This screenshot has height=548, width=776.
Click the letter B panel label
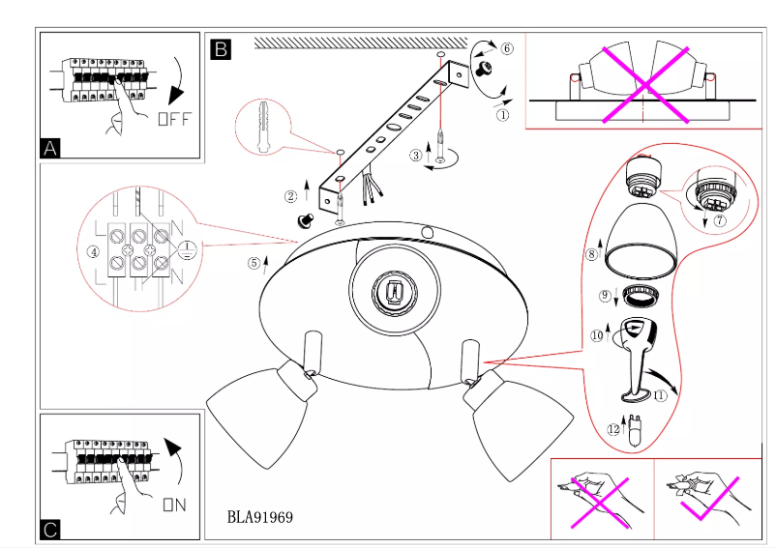[x=221, y=48]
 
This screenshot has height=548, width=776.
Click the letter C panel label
[x=51, y=529]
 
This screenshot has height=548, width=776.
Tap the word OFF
[x=174, y=120]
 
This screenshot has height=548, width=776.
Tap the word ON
[x=174, y=504]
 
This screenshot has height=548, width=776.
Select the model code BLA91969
[x=259, y=517]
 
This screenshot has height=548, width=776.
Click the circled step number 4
[x=93, y=252]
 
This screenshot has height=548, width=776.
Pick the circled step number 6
[x=507, y=48]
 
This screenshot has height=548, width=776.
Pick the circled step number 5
[x=254, y=261]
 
